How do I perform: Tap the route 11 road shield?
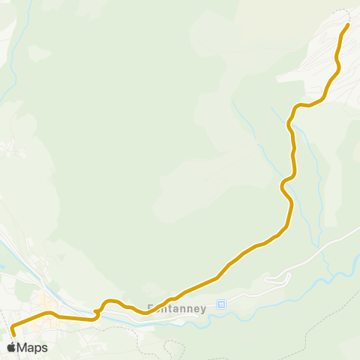pyautogui.click(x=220, y=304)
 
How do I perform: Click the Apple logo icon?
pyautogui.click(x=11, y=347)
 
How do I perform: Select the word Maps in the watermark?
pyautogui.click(x=32, y=348)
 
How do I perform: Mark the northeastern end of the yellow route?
pyautogui.click(x=348, y=25)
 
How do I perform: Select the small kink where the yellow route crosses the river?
pyautogui.click(x=97, y=310)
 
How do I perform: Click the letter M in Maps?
pyautogui.click(x=22, y=348)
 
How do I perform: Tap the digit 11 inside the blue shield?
pyautogui.click(x=220, y=304)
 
